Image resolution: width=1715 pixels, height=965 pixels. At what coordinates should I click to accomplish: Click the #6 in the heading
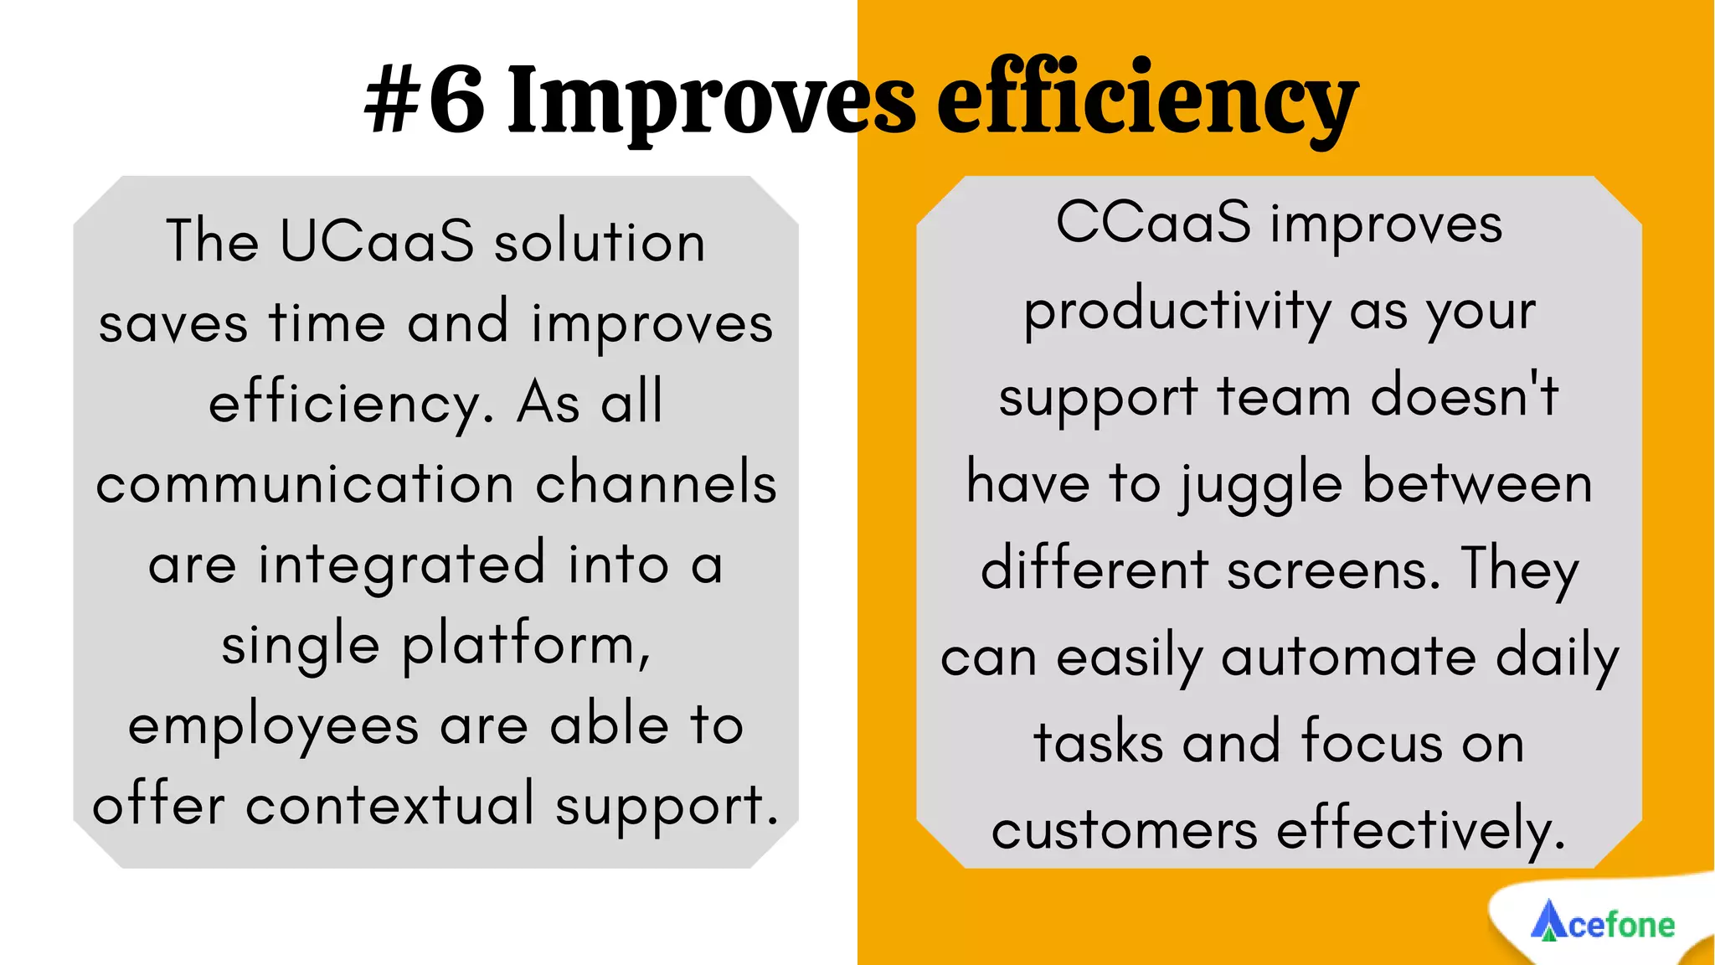click(x=425, y=101)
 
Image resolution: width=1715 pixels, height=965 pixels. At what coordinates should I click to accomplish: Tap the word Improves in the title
click(x=711, y=101)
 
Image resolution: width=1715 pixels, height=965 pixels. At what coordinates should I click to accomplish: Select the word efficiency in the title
click(x=1146, y=101)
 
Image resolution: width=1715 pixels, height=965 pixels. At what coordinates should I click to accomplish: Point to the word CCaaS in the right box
click(x=1153, y=224)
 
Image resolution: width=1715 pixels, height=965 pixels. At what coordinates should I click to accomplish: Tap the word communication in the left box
click(x=305, y=484)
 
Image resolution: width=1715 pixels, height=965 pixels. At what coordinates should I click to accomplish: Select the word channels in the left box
click(x=656, y=484)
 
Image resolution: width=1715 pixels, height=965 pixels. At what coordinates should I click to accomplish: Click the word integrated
click(x=402, y=565)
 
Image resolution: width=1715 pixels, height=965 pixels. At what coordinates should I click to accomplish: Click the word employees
click(x=273, y=726)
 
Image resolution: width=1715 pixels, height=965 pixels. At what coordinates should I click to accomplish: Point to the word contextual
click(x=389, y=806)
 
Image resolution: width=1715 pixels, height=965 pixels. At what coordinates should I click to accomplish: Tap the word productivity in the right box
click(x=1177, y=312)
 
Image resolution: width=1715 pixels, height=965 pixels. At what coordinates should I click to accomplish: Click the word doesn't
click(x=1464, y=396)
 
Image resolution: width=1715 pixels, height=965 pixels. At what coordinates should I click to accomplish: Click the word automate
click(x=1348, y=657)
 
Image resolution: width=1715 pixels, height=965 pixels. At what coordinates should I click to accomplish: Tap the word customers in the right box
click(x=1124, y=830)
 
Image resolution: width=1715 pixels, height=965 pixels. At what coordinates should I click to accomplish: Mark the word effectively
click(x=1419, y=830)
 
